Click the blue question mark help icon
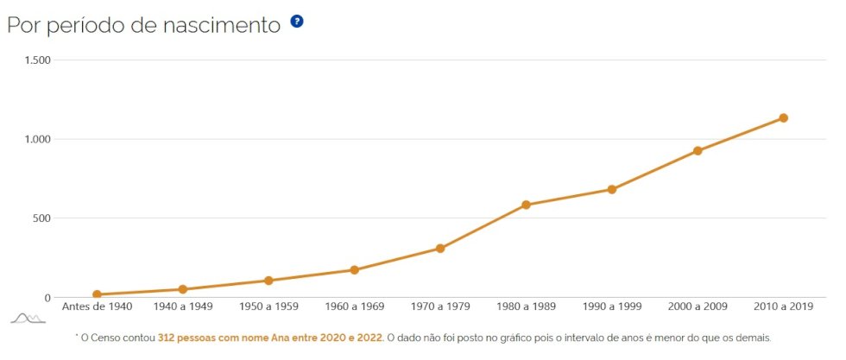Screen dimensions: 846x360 [x=297, y=22]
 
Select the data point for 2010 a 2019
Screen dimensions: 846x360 [x=783, y=118]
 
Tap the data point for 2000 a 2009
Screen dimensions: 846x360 [x=698, y=151]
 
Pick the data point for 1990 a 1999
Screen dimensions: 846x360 [x=612, y=189]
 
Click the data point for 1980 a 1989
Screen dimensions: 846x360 [x=526, y=205]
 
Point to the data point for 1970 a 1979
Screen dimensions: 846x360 [x=440, y=249]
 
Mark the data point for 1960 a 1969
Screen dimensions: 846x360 [x=355, y=270]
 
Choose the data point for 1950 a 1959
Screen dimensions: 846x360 [x=268, y=281]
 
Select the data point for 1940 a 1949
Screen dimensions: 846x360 [x=183, y=289]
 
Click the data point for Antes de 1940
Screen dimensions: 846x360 [x=97, y=294]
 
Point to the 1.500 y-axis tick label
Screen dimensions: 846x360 [x=38, y=60]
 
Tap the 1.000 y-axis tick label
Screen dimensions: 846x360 [x=38, y=139]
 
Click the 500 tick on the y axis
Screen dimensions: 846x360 [x=42, y=218]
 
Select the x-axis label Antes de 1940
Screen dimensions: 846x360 [x=97, y=306]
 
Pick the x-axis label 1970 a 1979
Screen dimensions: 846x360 [x=440, y=306]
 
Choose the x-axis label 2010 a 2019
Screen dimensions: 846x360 [x=783, y=306]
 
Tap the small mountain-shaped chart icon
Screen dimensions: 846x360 [x=28, y=319]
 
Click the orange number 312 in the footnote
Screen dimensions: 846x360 [x=166, y=338]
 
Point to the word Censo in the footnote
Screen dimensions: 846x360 [x=104, y=338]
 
